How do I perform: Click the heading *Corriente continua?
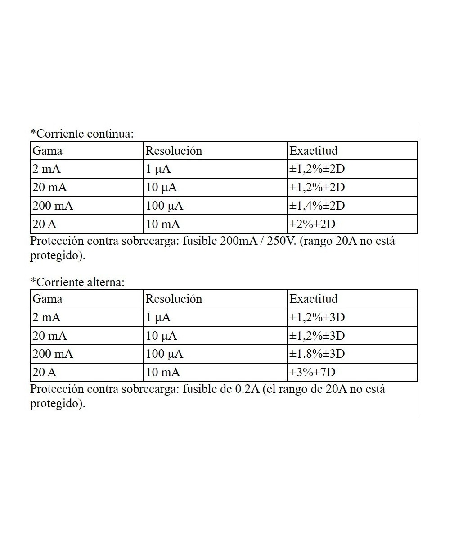[82, 134]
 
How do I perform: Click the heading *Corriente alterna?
[77, 282]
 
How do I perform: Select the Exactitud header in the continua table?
[313, 150]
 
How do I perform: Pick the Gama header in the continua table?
[47, 150]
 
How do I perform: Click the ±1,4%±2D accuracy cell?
[317, 206]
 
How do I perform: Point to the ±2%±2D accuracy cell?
[312, 224]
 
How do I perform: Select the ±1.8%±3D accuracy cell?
[317, 354]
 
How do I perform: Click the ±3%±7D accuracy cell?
[312, 373]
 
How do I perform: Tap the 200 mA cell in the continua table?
[53, 206]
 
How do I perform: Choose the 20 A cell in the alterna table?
[45, 373]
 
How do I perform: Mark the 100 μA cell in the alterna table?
[165, 354]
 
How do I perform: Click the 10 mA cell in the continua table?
[163, 224]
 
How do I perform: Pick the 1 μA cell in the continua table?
[158, 169]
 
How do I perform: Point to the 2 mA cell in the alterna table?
[46, 317]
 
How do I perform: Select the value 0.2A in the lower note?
[247, 389]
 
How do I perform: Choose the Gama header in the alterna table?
[47, 299]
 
